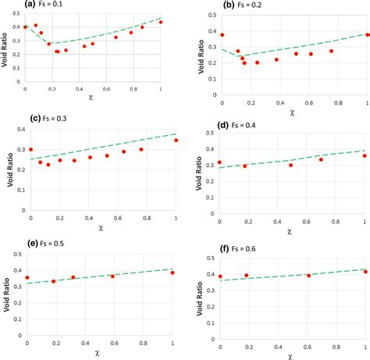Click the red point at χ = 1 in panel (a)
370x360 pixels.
161,22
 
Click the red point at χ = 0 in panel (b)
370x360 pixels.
222,35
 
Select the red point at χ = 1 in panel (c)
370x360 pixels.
176,141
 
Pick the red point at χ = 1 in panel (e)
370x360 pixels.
173,273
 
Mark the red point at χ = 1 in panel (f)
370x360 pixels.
365,272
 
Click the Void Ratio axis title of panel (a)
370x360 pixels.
5,48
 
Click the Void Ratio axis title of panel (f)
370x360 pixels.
200,293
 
